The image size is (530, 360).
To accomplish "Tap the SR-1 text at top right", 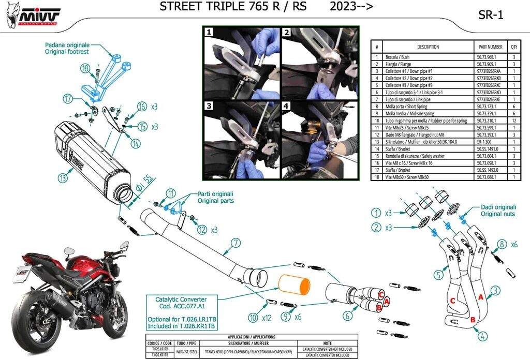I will tap(491, 16).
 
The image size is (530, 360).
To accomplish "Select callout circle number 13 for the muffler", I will tap(63, 178).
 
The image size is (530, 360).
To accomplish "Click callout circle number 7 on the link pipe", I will tap(235, 242).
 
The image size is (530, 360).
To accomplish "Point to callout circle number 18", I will tap(85, 68).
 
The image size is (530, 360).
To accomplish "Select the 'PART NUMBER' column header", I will tap(488, 47).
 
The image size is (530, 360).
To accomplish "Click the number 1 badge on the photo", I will tap(209, 32).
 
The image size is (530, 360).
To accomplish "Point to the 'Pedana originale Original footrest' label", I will tap(67, 48).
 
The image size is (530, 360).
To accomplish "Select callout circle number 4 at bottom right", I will tap(482, 336).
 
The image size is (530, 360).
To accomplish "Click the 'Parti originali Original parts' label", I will tap(216, 197).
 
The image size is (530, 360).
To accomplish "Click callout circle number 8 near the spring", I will tap(500, 244).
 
